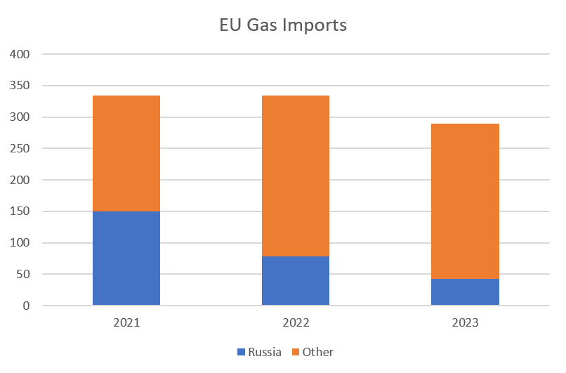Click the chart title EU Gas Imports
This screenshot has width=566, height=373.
tap(283, 26)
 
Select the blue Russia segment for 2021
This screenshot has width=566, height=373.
tap(126, 258)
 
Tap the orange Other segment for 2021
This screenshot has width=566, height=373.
tap(126, 153)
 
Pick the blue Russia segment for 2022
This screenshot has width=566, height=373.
tap(296, 281)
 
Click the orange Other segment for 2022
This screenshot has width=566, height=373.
tap(296, 176)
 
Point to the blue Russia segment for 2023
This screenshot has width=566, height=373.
tap(465, 292)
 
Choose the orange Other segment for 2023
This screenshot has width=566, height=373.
tap(465, 201)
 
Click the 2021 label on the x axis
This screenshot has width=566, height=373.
tap(126, 323)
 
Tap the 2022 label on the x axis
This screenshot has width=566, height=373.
tap(296, 323)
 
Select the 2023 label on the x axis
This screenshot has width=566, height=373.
tap(465, 323)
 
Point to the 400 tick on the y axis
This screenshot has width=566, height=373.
tap(20, 54)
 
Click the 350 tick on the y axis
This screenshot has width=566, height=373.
tap(20, 86)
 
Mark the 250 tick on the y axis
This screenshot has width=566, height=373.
tap(20, 148)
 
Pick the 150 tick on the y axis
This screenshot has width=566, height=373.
tap(20, 211)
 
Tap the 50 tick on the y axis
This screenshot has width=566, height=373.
tap(23, 275)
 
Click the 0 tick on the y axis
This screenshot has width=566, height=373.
tap(26, 306)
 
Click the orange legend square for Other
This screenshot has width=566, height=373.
tap(295, 352)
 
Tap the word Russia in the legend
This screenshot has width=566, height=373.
tap(264, 352)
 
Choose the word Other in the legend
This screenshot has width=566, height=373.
tap(317, 352)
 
